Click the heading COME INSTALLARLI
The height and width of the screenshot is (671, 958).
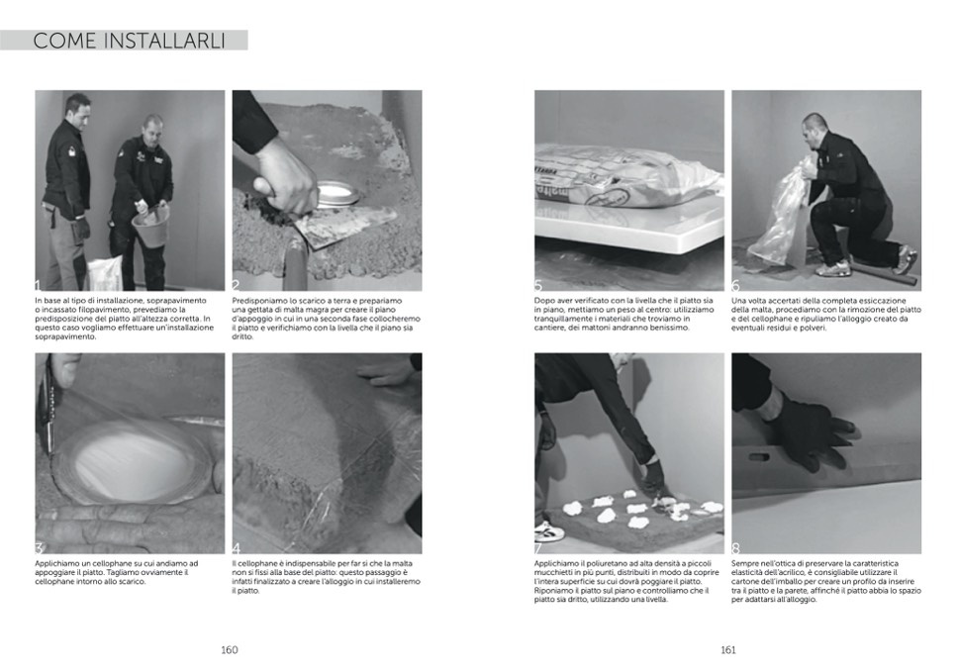tap(129, 41)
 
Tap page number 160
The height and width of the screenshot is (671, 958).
tap(230, 649)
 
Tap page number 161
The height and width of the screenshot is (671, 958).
tap(728, 649)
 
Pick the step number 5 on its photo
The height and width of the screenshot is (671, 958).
tap(538, 285)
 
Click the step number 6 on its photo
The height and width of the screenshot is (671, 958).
tap(735, 285)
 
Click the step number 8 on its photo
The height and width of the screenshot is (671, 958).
tap(735, 548)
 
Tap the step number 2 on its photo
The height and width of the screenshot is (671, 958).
tap(237, 285)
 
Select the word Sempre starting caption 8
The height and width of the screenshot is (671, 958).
tap(745, 563)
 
